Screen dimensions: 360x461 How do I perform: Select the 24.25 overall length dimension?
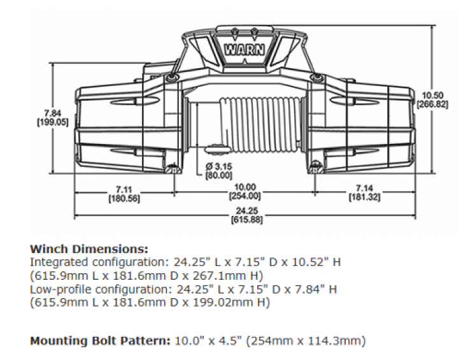tap(245, 211)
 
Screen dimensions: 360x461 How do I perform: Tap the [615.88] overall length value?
tap(245, 220)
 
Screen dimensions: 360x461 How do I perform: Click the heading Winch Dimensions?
tap(89, 249)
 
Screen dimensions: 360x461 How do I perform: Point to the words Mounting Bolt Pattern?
tap(101, 340)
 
